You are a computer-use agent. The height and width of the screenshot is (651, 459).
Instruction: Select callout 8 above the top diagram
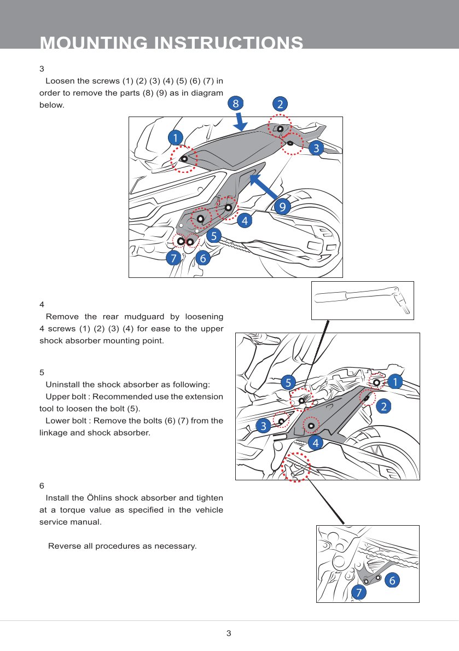[x=236, y=103]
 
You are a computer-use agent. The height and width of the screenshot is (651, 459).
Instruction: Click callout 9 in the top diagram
[x=282, y=206]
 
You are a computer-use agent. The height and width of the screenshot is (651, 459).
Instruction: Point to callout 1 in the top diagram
[x=176, y=137]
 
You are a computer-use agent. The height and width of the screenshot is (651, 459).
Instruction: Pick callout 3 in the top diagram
[x=316, y=148]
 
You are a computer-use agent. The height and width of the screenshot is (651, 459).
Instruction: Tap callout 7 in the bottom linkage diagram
[x=359, y=592]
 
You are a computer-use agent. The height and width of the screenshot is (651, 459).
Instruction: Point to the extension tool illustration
[x=362, y=300]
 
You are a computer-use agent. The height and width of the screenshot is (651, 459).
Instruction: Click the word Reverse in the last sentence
[x=63, y=546]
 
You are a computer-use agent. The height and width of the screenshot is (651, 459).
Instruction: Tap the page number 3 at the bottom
[x=229, y=633]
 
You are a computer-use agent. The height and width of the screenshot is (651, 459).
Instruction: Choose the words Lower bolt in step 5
[x=67, y=421]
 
